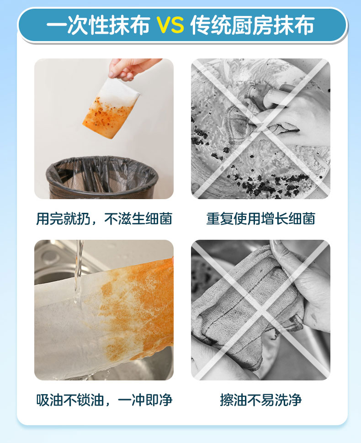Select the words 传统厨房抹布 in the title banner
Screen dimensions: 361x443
click(x=252, y=25)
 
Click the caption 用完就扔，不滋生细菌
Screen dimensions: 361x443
click(x=104, y=219)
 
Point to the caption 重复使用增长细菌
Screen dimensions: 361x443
click(x=260, y=219)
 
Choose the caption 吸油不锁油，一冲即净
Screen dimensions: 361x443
click(x=104, y=400)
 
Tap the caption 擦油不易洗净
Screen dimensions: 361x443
click(x=260, y=400)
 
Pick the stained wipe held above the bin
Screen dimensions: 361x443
click(x=111, y=109)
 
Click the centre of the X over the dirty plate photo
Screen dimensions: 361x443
click(x=260, y=129)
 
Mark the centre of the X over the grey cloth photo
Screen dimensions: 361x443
click(x=260, y=310)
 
